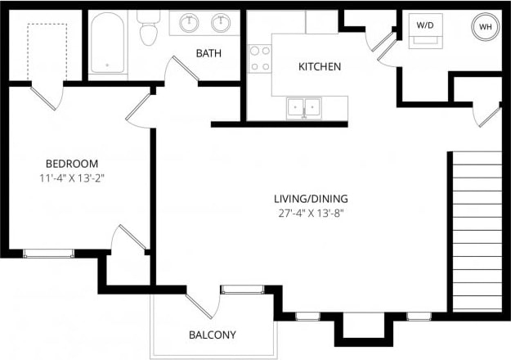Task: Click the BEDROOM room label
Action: [x=72, y=163]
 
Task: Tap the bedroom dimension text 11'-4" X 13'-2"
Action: [x=72, y=178]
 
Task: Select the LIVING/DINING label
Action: [x=311, y=198]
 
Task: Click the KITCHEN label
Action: [x=319, y=66]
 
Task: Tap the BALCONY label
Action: [x=212, y=335]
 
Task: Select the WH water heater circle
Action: [x=485, y=27]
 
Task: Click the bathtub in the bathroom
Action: [x=108, y=45]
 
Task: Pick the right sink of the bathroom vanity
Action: [x=220, y=23]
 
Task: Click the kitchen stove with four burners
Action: [x=260, y=58]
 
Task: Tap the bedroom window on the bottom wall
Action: [x=48, y=253]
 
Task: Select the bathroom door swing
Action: [x=182, y=71]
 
